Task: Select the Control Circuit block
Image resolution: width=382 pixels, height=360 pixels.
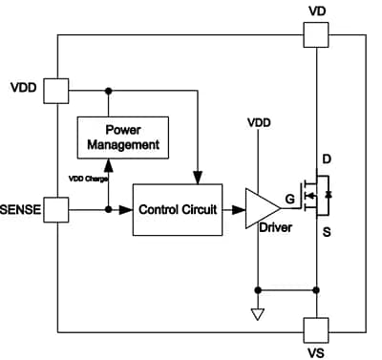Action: (178, 209)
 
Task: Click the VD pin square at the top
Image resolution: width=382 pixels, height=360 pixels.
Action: (317, 35)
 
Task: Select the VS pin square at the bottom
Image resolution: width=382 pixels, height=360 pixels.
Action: (317, 328)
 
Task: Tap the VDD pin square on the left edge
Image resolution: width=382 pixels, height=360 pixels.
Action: (58, 91)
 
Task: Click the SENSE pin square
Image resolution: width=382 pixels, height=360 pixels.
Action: (58, 209)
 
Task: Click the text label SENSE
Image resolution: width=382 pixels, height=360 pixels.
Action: (21, 209)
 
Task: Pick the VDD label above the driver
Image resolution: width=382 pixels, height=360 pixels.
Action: (259, 124)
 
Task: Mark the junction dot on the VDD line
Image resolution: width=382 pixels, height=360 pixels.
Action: (109, 91)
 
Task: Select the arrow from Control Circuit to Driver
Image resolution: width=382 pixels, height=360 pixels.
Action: (235, 209)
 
